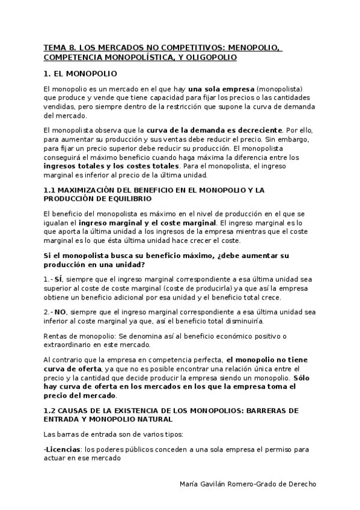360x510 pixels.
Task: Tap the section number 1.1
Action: pos(49,190)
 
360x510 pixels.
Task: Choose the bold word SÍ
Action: pos(58,279)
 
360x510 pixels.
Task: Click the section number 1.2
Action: pos(50,410)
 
